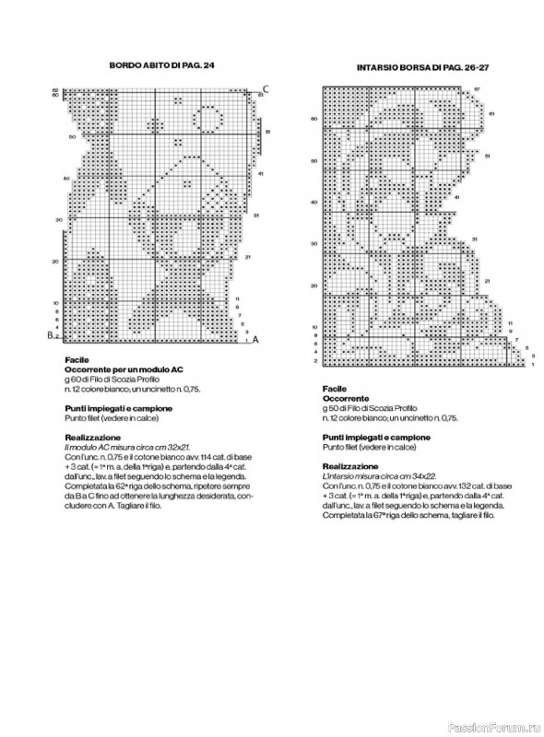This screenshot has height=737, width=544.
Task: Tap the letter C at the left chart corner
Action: click(x=265, y=88)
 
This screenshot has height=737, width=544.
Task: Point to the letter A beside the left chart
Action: click(x=255, y=339)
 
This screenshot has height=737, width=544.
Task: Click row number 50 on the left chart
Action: click(x=72, y=136)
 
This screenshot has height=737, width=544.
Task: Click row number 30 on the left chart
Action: click(x=59, y=220)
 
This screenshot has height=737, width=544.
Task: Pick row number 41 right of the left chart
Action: click(x=261, y=173)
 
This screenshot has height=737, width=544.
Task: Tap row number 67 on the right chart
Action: click(x=478, y=88)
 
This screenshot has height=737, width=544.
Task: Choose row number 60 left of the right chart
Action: click(x=313, y=118)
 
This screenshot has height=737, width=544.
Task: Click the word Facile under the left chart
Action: click(x=77, y=360)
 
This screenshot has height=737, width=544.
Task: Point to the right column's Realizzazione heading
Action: click(x=350, y=465)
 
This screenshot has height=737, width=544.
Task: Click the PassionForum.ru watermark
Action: click(x=497, y=725)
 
